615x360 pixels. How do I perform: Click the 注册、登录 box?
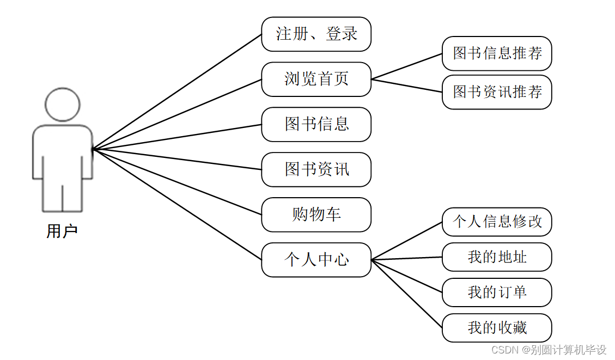(316, 34)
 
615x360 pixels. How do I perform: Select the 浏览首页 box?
(316, 80)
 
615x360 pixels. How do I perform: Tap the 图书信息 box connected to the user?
(316, 124)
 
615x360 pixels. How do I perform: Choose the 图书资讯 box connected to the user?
(316, 169)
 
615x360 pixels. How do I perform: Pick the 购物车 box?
(316, 215)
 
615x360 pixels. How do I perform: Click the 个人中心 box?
(316, 260)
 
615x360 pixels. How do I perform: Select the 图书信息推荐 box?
(497, 53)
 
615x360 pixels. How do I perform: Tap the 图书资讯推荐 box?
(497, 92)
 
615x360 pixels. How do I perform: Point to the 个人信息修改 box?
(497, 222)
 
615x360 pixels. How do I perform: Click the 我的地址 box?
(497, 257)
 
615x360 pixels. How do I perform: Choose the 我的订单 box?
(497, 292)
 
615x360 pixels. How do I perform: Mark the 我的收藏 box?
(497, 328)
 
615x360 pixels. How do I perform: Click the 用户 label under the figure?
(62, 231)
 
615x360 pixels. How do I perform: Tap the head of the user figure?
(63, 104)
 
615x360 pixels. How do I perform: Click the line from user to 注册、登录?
(177, 92)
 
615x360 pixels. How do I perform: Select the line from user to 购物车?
(177, 181)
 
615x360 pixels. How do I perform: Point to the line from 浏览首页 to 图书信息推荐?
(406, 66)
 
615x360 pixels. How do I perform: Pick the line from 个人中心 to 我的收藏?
(406, 294)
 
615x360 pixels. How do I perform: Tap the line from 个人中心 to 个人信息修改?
(406, 241)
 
